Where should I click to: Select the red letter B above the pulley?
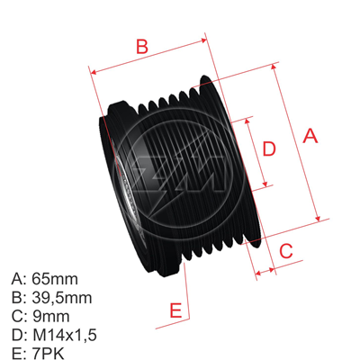coord(140,45)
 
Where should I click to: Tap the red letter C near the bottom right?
coord(284,251)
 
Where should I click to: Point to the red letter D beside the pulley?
coord(267,149)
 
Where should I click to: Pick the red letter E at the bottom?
coord(175,310)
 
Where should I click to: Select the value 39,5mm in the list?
coord(61,297)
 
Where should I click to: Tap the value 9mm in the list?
coord(49,316)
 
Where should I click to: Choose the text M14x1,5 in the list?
coord(63,335)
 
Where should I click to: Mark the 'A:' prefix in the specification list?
coord(18,278)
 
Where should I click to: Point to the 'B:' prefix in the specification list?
coord(18,297)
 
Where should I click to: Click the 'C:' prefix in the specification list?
coord(18,316)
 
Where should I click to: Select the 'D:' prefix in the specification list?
coord(18,335)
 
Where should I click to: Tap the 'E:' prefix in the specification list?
coord(18,354)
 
